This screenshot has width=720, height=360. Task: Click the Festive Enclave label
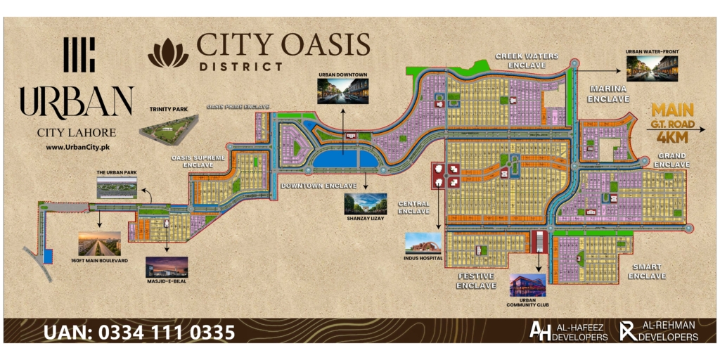tap(475, 281)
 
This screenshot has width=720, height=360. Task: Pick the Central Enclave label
tap(413, 207)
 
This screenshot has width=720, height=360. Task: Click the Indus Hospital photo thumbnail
tap(423, 243)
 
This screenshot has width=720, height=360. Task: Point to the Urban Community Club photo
tap(527, 285)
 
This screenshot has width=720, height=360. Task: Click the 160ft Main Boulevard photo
tap(99, 243)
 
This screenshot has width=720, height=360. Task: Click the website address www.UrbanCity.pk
tap(76, 148)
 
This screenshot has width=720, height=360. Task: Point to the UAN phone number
tap(140, 331)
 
